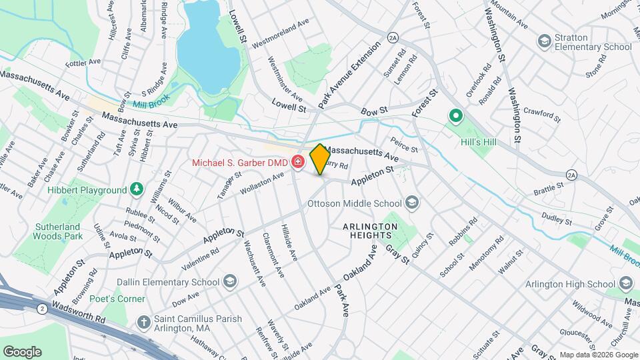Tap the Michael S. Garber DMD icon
297,163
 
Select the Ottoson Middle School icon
412,201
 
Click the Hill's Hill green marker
457,117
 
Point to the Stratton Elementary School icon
545,41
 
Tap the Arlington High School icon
626,285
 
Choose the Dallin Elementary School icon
230,281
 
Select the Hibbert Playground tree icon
137,190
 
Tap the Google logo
22,351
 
